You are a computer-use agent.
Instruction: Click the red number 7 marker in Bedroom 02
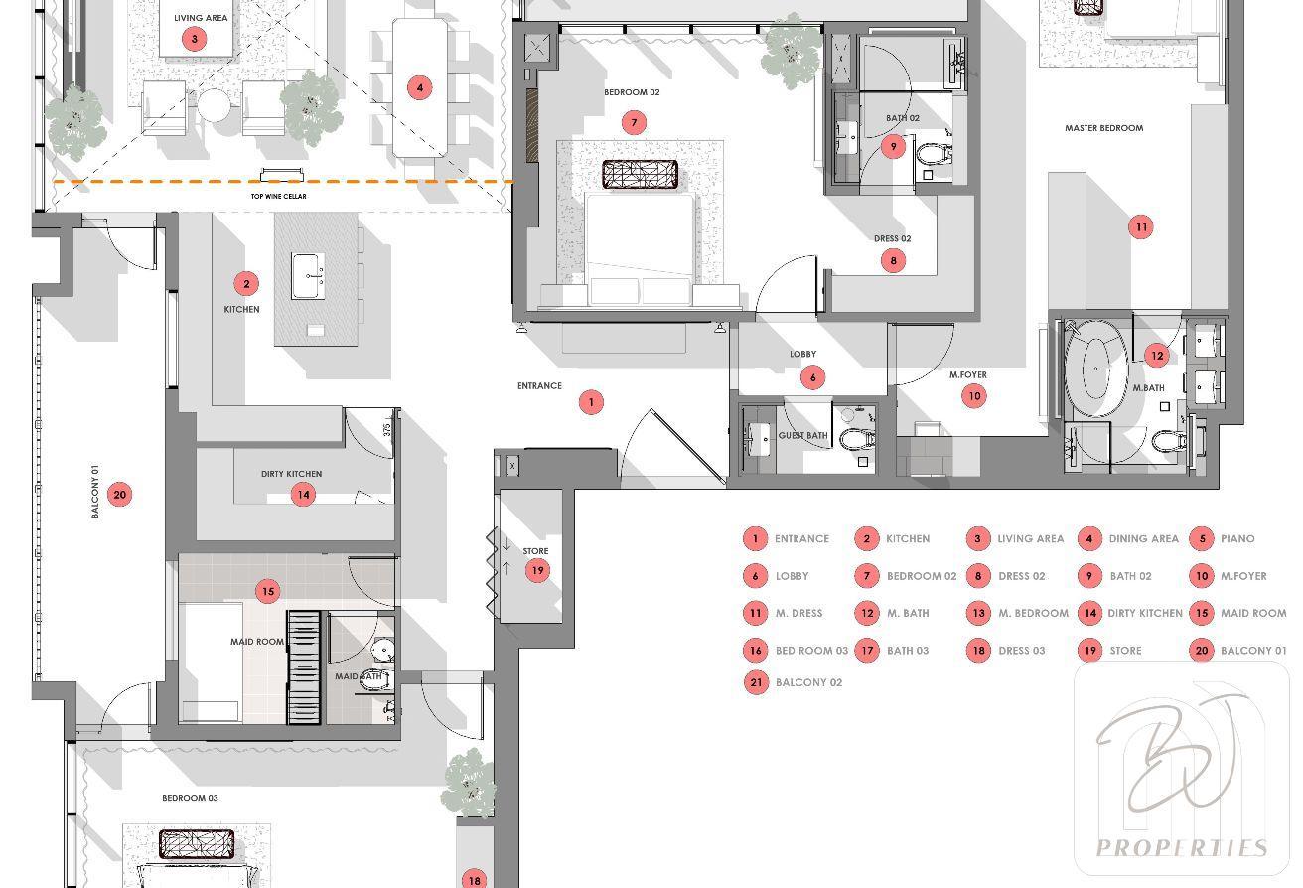coord(634,123)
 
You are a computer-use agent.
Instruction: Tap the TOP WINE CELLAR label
coord(279,196)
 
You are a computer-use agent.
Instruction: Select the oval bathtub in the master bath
coord(1095,369)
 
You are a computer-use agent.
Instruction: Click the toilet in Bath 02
coord(935,155)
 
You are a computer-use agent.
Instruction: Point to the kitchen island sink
coord(309,276)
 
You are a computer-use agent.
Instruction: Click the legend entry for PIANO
coord(1226,538)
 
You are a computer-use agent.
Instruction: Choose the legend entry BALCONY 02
coord(794,682)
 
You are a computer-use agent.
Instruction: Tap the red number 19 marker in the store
coord(537,570)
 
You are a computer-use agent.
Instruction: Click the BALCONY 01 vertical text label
coord(95,491)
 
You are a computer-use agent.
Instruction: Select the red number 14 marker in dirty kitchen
coord(303,495)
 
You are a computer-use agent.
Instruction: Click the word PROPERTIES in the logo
coord(1182,848)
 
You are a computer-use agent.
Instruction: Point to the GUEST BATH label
coord(802,435)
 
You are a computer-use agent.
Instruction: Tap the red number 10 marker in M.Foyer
coord(974,396)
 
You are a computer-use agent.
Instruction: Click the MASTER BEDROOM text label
coord(1104,128)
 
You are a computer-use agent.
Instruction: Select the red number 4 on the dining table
coord(420,88)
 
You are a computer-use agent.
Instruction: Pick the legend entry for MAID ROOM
coord(1238,613)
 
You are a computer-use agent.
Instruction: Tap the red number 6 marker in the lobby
coord(812,377)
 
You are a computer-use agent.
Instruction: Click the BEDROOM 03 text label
coord(191,798)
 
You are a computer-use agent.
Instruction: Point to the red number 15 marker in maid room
coord(267,591)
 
